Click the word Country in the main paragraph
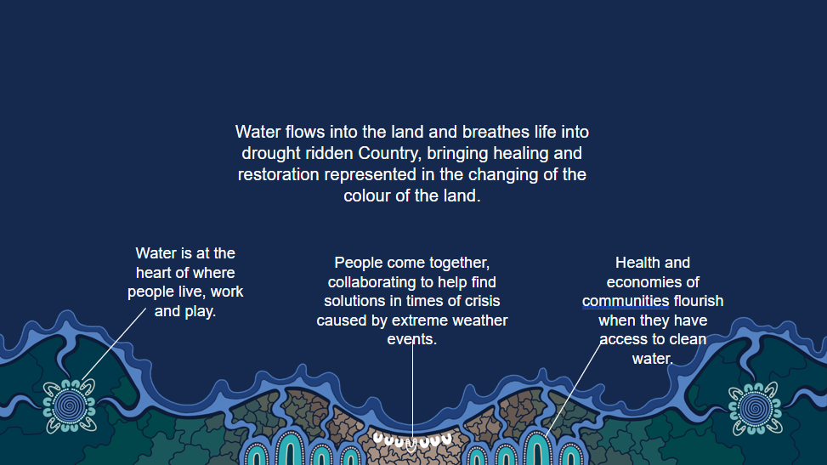coord(390,154)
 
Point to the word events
coord(412,339)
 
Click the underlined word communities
coord(626,301)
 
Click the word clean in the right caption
coord(688,339)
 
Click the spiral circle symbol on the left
coord(69,405)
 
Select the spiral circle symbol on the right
coord(756,409)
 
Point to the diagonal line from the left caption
coord(113,344)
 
